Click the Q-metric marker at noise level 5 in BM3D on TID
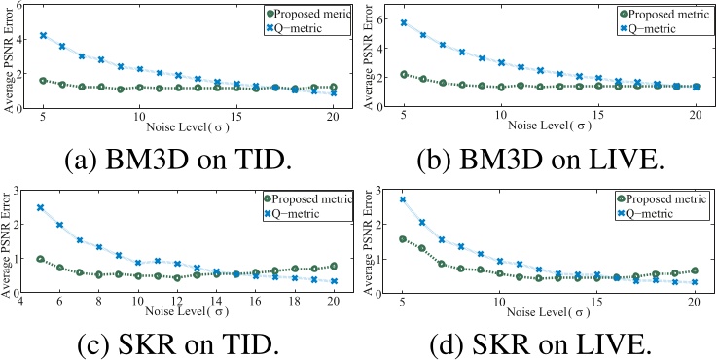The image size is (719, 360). coord(43,35)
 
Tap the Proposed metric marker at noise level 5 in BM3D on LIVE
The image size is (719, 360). coord(404,74)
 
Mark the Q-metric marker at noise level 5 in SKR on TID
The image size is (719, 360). coord(41,207)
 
